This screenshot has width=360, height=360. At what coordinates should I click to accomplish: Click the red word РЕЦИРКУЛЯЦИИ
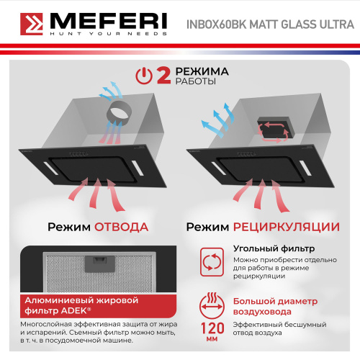[x=286, y=227]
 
